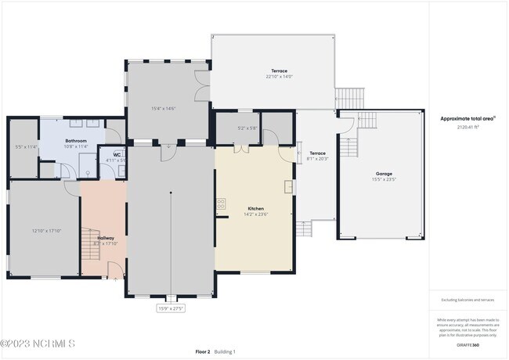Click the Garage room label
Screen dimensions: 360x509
click(384, 174)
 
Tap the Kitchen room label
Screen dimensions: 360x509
click(256, 209)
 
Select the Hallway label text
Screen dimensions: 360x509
click(105, 238)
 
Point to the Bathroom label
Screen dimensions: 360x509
click(76, 119)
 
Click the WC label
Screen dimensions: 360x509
click(117, 154)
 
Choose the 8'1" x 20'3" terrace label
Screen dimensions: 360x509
click(317, 156)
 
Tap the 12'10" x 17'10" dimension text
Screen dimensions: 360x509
click(46, 231)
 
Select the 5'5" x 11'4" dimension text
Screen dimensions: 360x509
click(26, 146)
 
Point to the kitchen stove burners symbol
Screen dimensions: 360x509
click(221, 203)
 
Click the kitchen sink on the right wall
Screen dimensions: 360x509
click(289, 186)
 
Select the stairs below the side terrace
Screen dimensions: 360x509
click(304, 229)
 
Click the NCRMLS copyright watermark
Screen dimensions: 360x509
click(38, 344)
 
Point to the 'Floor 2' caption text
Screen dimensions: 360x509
click(203, 351)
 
